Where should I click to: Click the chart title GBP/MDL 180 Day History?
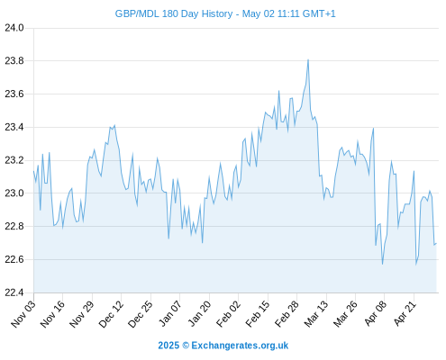pos(174,13)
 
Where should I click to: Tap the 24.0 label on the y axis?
pos(14,28)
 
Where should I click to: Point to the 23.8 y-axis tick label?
pos(14,61)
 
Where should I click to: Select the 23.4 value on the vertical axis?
pos(14,127)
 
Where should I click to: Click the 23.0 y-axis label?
pos(14,193)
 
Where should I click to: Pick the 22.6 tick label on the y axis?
pos(14,259)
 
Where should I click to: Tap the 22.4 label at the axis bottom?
pos(14,292)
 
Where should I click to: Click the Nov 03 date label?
pos(23,314)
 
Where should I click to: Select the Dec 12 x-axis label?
pos(111,314)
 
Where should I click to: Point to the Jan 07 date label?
pos(170,314)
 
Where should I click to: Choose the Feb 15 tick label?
pos(258,314)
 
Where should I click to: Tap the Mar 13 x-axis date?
pos(316,314)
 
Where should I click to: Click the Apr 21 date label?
pos(405,314)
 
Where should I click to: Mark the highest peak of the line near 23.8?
pos(308,59)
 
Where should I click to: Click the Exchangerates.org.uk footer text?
pos(240,346)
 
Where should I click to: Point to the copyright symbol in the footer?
pos(186,346)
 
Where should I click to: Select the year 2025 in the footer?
pos(168,346)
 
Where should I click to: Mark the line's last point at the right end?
pos(436,244)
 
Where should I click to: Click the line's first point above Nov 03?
pos(33,171)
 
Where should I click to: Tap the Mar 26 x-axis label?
pos(345,314)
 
